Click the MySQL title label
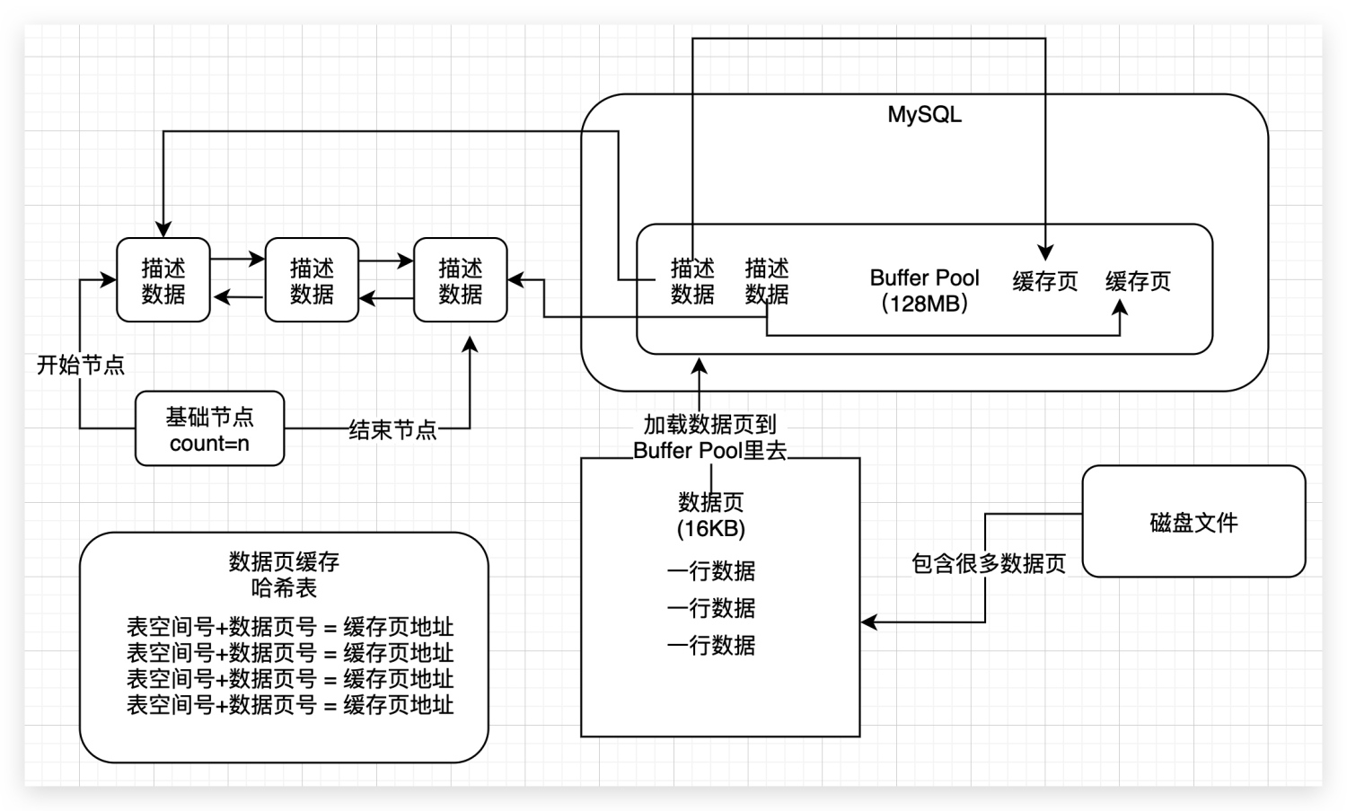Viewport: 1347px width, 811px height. [x=924, y=115]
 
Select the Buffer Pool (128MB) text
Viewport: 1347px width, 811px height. [x=924, y=290]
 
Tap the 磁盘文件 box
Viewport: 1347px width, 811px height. [x=1193, y=522]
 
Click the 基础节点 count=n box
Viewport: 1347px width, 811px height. [x=209, y=429]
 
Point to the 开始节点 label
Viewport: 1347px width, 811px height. [x=80, y=365]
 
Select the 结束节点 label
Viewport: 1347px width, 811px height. [x=392, y=430]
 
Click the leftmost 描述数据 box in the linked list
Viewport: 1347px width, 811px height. [x=163, y=280]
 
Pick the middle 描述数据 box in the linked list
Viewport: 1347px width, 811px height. [x=312, y=280]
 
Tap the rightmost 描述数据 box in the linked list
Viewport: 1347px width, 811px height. [x=460, y=280]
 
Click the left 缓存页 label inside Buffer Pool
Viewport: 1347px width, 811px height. [x=1045, y=281]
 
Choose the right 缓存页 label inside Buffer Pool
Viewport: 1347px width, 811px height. [x=1138, y=281]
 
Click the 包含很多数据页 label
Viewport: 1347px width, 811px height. [x=988, y=563]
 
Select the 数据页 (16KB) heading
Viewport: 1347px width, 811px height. [x=710, y=515]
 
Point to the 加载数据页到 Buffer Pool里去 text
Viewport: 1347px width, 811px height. [x=709, y=437]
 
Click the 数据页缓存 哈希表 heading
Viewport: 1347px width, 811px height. [x=284, y=575]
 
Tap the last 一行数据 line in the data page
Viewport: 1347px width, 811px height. [x=710, y=645]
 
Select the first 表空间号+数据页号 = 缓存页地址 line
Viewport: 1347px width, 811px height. [x=289, y=627]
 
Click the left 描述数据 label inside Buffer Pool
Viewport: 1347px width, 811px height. [x=692, y=280]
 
